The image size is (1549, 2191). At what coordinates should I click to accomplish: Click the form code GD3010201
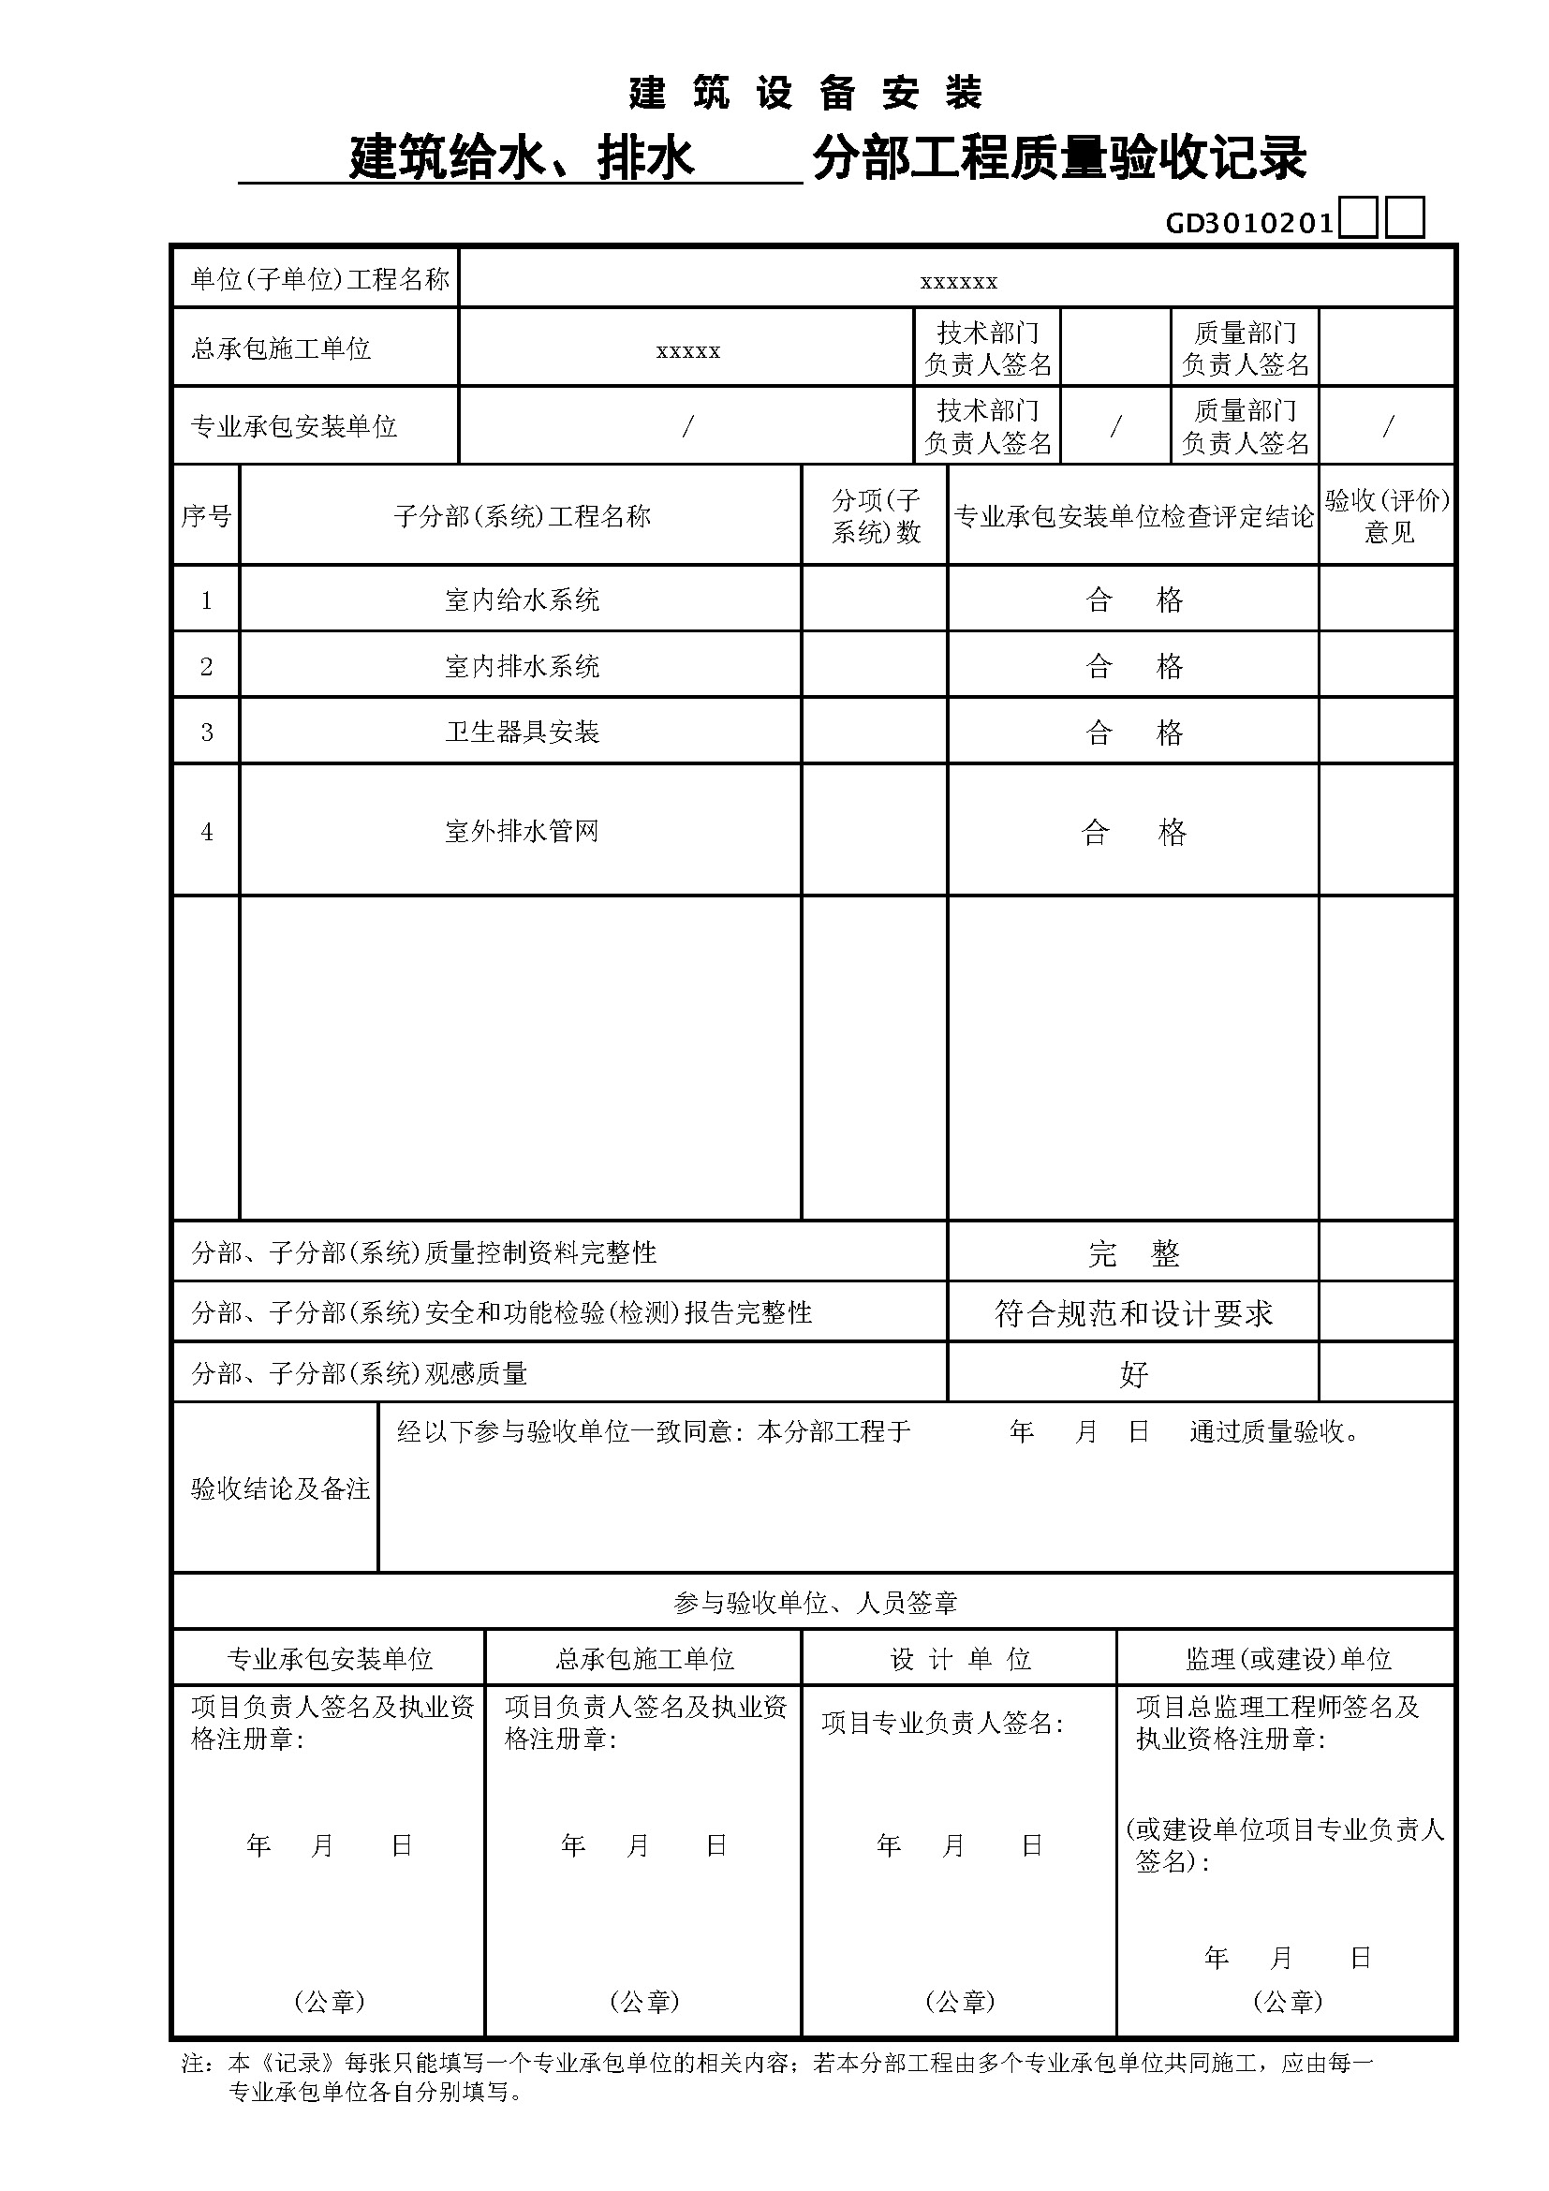1249,223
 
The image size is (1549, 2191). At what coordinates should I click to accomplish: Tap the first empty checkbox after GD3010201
1358,217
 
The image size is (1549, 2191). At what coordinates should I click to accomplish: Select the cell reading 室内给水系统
522,600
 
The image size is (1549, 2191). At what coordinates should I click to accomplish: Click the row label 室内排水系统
522,666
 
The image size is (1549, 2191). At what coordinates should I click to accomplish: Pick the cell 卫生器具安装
522,732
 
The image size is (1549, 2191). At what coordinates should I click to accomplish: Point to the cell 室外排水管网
522,831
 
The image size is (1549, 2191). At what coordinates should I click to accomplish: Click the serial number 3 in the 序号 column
206,732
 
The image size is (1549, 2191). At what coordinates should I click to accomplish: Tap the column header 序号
206,516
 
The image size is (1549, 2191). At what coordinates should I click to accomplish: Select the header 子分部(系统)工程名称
522,516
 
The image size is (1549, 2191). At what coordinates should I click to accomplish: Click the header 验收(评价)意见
1388,516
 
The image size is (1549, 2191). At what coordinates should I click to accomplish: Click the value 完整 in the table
1133,1253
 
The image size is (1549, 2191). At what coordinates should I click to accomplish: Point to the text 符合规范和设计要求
1133,1314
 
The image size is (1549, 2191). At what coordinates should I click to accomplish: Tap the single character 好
1133,1374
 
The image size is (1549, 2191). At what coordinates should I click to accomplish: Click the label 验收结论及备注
280,1488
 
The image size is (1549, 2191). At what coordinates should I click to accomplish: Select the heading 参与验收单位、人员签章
816,1602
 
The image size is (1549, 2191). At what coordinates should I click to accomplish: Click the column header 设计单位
961,1659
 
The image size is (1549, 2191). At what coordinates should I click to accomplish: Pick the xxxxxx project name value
959,282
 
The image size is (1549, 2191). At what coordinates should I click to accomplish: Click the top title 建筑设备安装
806,94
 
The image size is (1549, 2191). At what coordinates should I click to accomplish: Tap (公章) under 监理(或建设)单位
1288,2001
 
